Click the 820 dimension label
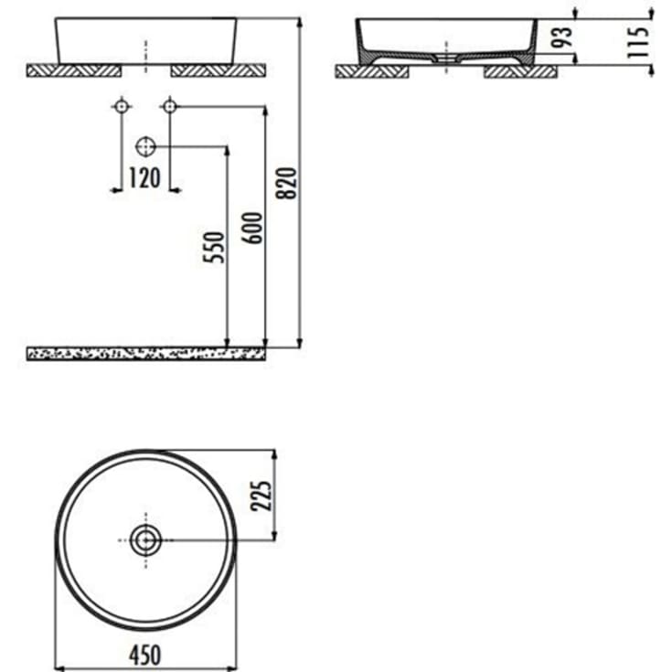(x=286, y=183)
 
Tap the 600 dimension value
(x=252, y=228)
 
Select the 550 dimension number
(x=213, y=247)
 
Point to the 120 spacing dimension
(x=144, y=178)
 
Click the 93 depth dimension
(x=561, y=37)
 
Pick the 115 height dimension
(x=637, y=42)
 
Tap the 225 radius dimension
(x=261, y=496)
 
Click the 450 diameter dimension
(x=145, y=655)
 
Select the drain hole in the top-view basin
(x=145, y=540)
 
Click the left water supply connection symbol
(x=122, y=106)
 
